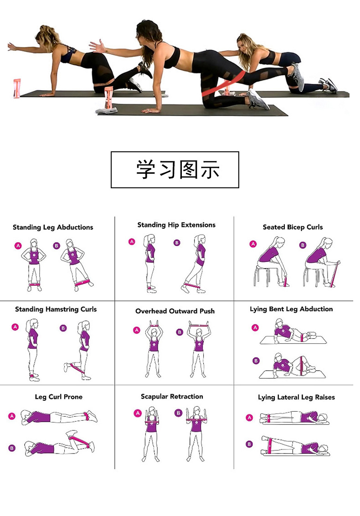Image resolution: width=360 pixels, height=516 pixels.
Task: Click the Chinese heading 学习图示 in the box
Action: click(178, 170)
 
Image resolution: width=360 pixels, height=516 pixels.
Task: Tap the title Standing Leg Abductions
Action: click(53, 227)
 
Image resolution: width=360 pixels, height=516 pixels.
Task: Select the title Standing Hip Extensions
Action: click(176, 225)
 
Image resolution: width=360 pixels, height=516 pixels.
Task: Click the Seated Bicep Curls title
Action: click(293, 227)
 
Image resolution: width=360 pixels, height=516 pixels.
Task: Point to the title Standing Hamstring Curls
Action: click(56, 309)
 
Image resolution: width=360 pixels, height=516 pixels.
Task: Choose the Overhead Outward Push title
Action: click(175, 311)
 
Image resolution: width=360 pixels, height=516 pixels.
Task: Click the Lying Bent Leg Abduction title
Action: click(291, 309)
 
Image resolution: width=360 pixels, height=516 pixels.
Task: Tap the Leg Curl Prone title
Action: click(59, 397)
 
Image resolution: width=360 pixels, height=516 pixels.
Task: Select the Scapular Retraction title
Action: click(172, 397)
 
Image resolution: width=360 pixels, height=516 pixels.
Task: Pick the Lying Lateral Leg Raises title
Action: click(296, 397)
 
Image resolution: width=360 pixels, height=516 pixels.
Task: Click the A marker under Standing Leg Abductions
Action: click(18, 246)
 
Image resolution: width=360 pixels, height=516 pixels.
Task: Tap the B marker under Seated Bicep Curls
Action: click(303, 245)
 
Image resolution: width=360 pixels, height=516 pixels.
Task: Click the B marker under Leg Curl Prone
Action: click(12, 448)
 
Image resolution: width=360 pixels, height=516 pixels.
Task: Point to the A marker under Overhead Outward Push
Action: click(136, 330)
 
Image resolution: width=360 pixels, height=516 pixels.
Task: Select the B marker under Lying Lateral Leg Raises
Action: click(249, 444)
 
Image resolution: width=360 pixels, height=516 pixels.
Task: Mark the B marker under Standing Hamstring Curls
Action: click(63, 328)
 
